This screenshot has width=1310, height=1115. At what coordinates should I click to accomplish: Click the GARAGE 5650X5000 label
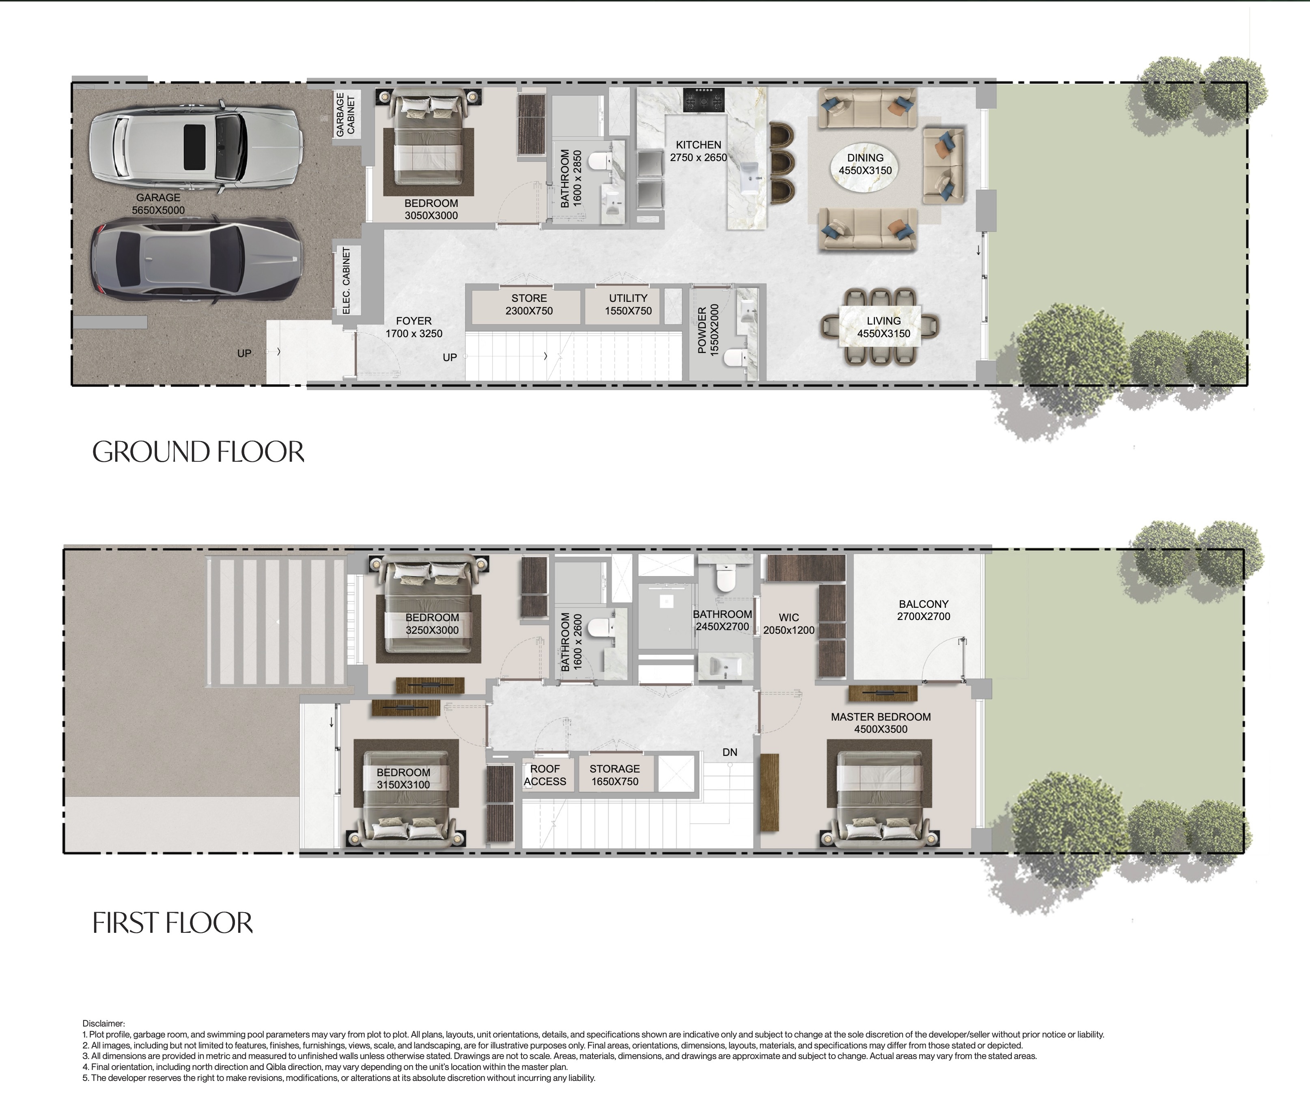click(x=158, y=204)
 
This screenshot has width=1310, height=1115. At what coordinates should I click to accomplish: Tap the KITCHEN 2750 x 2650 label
click(x=698, y=151)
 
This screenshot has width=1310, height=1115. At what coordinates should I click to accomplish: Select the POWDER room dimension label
click(x=708, y=329)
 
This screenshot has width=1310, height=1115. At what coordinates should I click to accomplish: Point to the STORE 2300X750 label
click(x=529, y=304)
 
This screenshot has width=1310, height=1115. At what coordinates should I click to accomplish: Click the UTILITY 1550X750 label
click(x=628, y=304)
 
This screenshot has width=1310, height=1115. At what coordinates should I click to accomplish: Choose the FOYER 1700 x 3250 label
click(x=414, y=327)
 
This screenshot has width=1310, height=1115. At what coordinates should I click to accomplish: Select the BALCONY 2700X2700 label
click(x=923, y=610)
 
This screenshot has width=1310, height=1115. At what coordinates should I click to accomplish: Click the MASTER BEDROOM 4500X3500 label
click(x=881, y=723)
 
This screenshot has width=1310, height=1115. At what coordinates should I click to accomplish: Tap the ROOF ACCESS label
click(x=545, y=775)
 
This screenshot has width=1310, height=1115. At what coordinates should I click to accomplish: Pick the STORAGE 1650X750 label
click(x=614, y=775)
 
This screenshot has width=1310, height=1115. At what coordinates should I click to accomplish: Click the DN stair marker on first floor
click(x=730, y=752)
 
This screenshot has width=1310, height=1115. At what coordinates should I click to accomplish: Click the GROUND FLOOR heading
click(x=198, y=452)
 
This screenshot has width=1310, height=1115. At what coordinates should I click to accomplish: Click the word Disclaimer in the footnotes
click(x=103, y=1023)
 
